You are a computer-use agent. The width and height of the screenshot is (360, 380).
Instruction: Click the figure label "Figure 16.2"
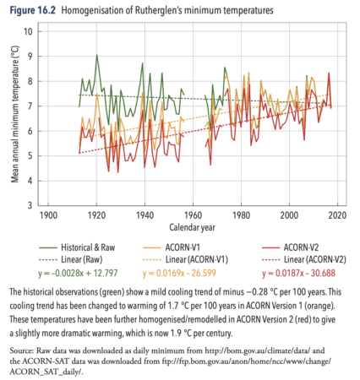pos(33,10)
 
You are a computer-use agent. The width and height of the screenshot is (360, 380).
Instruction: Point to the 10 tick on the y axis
pos(28,31)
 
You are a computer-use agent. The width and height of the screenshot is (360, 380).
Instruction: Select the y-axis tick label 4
pos(30,181)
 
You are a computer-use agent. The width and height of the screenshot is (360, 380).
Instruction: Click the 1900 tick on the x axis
pos(48,215)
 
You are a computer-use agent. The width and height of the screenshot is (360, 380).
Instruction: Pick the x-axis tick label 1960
pos(193,215)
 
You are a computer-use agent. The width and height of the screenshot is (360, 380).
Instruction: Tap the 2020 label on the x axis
pos(337,215)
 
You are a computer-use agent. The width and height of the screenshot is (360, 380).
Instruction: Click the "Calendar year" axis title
pos(192,227)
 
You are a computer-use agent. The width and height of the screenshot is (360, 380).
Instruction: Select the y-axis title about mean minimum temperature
pos(14,114)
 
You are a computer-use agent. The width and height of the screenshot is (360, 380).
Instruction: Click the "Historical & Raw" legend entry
pos(77,247)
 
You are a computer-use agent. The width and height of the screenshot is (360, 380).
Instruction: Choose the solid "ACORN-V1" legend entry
pos(172,247)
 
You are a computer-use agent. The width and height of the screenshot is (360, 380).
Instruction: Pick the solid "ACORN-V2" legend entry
pos(290,247)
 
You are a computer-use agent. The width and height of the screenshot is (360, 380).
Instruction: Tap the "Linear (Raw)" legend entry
pos(71,259)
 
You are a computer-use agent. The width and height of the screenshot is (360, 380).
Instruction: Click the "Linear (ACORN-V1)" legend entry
pos(185,259)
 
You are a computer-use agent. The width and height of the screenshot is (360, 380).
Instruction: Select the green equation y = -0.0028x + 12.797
pos(78,273)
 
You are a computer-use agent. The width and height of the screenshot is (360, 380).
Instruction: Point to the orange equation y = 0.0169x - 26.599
pos(179,273)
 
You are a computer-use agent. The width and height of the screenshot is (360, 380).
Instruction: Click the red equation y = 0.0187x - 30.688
pos(298,273)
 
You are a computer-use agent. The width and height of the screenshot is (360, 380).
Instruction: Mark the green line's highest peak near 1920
pos(96,55)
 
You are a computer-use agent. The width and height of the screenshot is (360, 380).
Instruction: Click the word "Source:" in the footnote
pos(22,350)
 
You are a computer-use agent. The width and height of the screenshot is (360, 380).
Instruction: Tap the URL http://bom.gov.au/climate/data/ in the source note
pos(258,350)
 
